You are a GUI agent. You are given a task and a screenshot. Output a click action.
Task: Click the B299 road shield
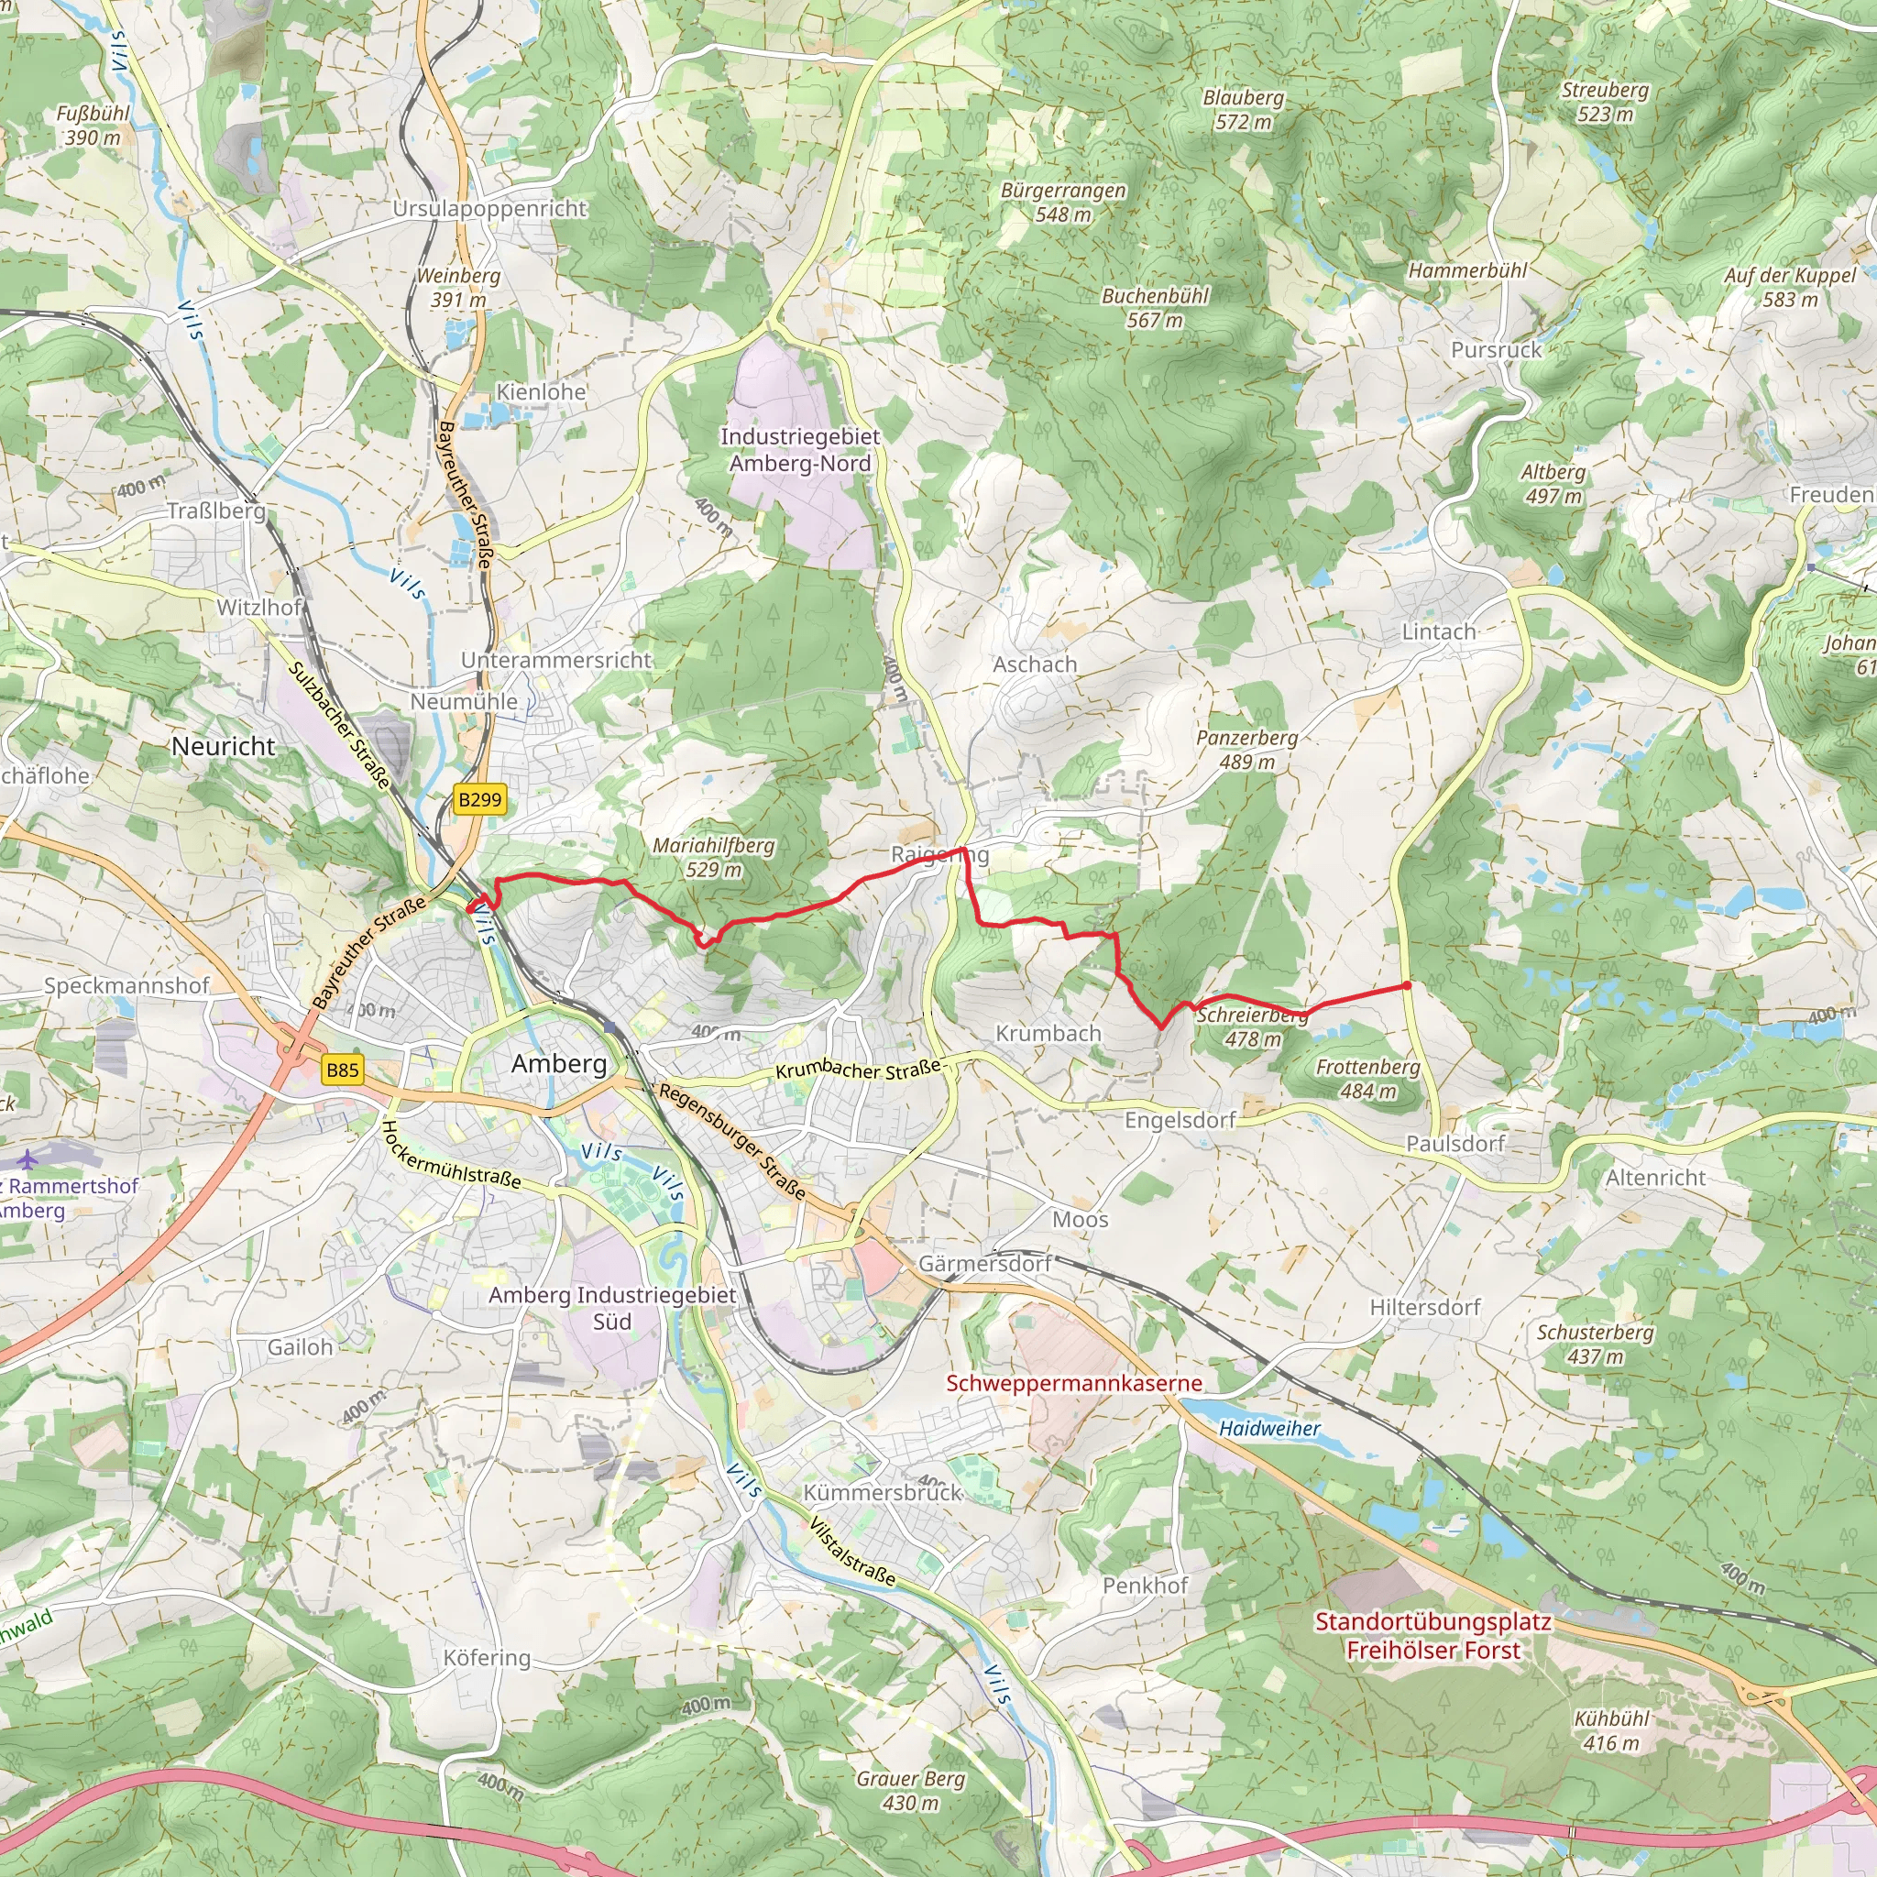tap(479, 799)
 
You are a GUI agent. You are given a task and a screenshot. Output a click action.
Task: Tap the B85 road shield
tap(342, 1070)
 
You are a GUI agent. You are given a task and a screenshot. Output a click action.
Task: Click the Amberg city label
tap(559, 1063)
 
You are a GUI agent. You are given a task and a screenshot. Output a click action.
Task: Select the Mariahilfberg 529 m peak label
tap(713, 858)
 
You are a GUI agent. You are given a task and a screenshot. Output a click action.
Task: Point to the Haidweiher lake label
tap(1268, 1428)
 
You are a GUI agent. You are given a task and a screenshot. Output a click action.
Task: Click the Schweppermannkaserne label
tap(1073, 1382)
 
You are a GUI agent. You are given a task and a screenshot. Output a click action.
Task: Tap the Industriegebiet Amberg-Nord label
tap(799, 450)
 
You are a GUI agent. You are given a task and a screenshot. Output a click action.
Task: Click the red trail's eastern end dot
tap(1407, 986)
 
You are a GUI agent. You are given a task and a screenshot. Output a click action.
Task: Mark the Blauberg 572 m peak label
tap(1243, 110)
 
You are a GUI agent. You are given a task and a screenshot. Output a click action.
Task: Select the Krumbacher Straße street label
tap(858, 1069)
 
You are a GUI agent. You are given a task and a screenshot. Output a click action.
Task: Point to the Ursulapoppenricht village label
tap(489, 209)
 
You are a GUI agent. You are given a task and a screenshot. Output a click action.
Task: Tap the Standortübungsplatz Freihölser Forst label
tap(1433, 1636)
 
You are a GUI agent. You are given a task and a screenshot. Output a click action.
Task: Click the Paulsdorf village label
tap(1455, 1144)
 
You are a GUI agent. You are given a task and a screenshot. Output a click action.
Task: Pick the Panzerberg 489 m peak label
tap(1246, 749)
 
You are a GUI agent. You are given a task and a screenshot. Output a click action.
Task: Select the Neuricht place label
tap(224, 746)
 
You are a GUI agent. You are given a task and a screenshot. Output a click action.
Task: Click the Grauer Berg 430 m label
tap(910, 1791)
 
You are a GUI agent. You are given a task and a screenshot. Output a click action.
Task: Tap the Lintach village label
tap(1438, 631)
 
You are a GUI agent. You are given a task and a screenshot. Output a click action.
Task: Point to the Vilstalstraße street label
tap(852, 1552)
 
